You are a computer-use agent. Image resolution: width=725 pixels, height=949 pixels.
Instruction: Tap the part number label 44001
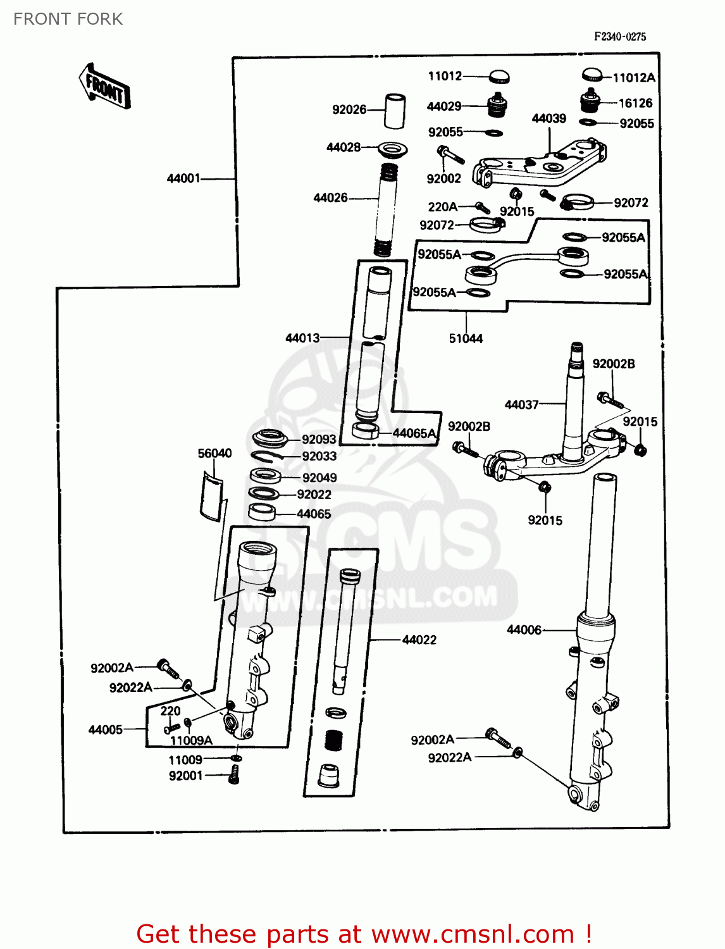point(183,178)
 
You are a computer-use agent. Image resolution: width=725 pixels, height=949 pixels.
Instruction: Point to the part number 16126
point(635,103)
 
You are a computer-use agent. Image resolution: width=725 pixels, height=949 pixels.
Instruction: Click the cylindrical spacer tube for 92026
point(395,111)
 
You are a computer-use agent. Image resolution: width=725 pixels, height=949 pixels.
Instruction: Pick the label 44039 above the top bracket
point(548,118)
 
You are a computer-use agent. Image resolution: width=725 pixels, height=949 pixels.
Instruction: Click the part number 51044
point(466,338)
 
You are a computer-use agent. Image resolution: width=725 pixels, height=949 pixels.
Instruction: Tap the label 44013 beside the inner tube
point(302,338)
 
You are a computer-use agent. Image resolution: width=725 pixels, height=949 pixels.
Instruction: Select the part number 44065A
point(414,433)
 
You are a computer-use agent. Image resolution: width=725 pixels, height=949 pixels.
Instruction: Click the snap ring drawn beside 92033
point(268,456)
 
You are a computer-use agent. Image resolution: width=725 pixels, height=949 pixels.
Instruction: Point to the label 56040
point(214,453)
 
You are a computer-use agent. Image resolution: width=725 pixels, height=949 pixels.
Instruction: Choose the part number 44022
point(419,640)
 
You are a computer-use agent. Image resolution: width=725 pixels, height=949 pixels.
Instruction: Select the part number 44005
point(106,729)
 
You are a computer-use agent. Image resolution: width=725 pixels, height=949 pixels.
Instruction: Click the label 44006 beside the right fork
point(524,630)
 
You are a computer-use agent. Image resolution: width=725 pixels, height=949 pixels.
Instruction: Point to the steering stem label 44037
point(521,404)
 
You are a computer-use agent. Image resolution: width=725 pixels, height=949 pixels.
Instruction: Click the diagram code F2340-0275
point(620,37)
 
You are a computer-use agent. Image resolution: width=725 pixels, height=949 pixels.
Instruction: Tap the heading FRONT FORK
point(68,19)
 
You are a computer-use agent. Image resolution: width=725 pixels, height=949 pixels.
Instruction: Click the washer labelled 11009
point(236,758)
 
